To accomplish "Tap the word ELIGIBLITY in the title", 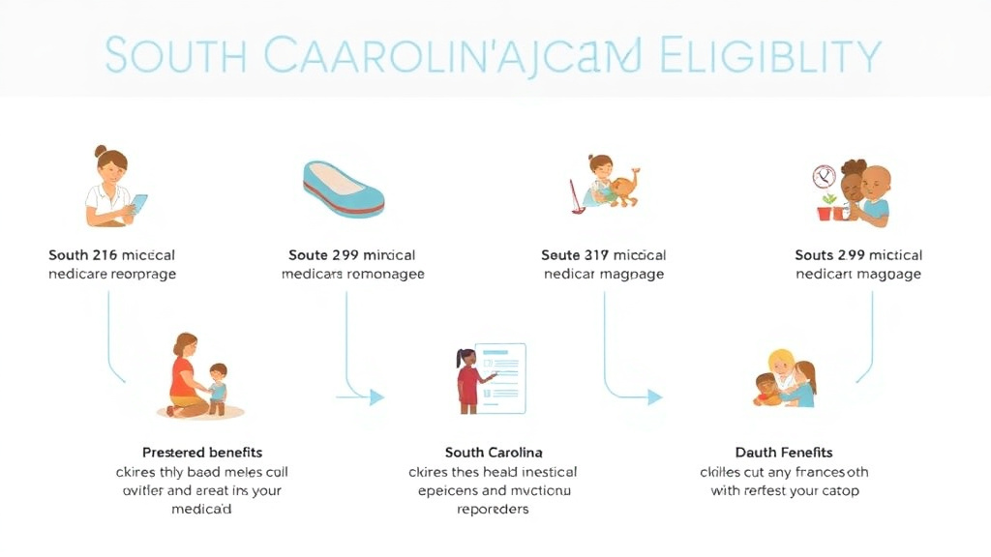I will point(770,56).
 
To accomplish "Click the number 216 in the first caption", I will point(104,255).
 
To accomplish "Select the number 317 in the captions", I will point(597,255).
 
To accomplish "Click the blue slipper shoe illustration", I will point(344,189).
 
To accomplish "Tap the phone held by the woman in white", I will point(138,204).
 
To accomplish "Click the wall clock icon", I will point(825,177).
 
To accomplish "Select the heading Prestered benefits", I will point(202,453).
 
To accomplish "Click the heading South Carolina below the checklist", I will point(494,453).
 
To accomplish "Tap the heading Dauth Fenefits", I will point(784,453).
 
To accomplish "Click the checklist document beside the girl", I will point(501,377).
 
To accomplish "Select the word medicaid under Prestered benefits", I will point(202,509).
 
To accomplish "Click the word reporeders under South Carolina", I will point(493,509).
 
